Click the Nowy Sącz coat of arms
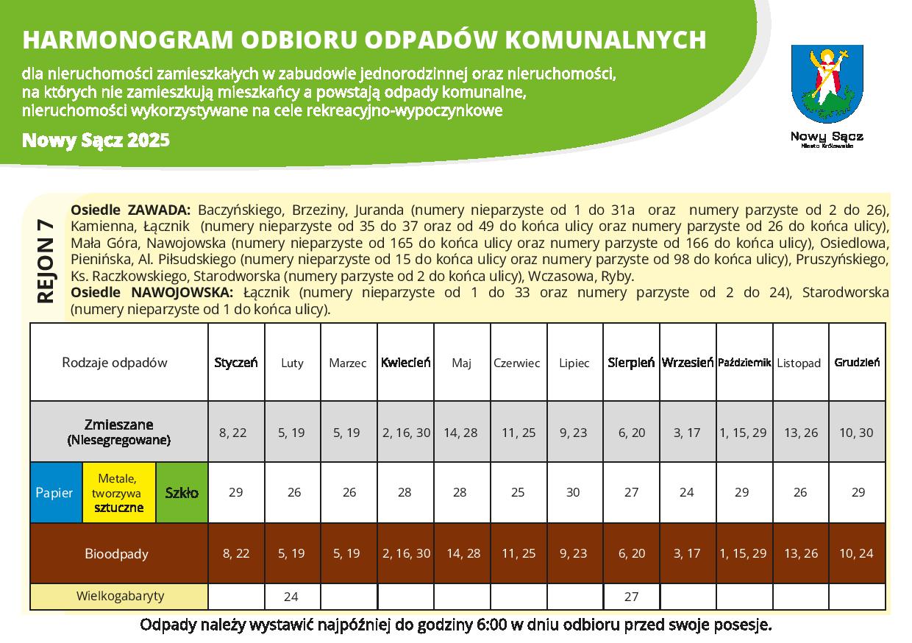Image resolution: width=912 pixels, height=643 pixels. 827,83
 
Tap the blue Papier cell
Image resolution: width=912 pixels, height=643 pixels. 55,492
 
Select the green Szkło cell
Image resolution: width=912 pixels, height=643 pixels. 182,492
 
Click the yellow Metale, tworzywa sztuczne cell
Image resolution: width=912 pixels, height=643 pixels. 118,492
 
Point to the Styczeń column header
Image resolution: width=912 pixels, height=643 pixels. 236,362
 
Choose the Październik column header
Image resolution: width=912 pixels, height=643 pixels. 744,362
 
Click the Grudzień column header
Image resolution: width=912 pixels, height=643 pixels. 857,362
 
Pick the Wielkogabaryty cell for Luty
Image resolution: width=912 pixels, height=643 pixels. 292,597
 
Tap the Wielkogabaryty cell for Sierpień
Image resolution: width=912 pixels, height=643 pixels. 631,597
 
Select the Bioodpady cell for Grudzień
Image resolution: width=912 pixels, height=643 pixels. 857,553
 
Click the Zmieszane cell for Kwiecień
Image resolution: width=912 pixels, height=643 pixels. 406,432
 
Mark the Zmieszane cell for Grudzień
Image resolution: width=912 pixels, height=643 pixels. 857,432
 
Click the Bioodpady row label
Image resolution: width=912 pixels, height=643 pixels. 117,553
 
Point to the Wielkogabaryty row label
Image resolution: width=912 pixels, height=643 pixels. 120,596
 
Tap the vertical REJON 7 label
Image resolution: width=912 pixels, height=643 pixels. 46,259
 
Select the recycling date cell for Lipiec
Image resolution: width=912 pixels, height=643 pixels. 573,492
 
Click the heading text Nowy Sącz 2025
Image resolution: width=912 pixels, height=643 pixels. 96,140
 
